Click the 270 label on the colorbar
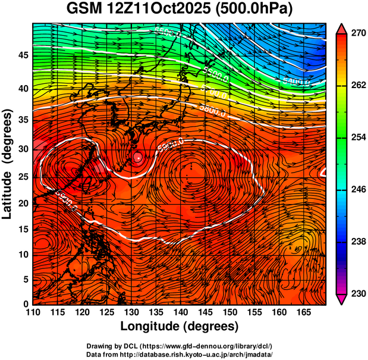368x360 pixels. tap(357, 34)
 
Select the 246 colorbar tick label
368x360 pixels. tap(357, 190)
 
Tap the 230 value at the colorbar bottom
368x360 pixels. tap(357, 293)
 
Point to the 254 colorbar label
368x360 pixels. tap(357, 138)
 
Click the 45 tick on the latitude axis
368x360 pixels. tap(22, 55)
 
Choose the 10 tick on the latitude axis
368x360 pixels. tap(22, 255)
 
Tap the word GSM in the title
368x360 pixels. tap(83, 10)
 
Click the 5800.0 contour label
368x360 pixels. tap(213, 110)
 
